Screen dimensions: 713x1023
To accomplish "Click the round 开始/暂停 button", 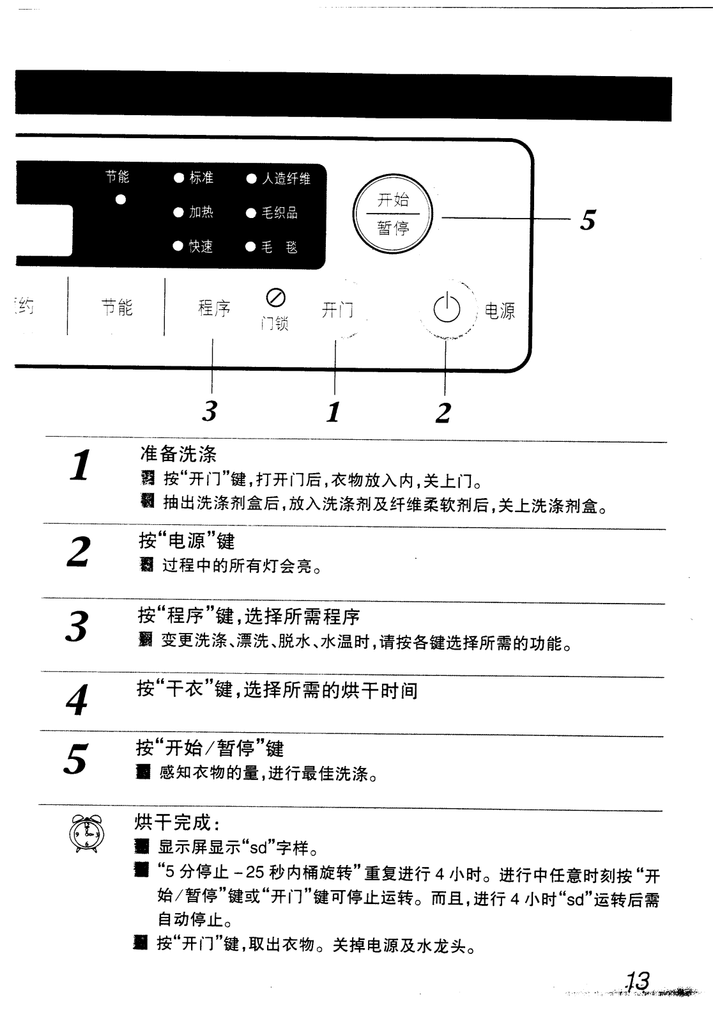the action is (392, 214).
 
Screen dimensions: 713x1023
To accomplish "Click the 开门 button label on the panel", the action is (337, 311).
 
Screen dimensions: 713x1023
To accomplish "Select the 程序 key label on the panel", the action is (214, 308).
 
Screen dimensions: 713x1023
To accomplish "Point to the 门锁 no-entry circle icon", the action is (275, 297).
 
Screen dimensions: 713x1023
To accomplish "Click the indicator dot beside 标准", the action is (179, 178).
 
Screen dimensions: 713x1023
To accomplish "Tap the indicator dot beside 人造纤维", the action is (252, 178).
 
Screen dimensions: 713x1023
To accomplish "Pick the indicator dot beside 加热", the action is (179, 213).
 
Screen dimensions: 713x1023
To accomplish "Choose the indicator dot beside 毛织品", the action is (252, 213).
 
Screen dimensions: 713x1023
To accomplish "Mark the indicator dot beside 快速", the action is (179, 247).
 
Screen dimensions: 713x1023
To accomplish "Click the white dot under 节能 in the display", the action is (120, 199).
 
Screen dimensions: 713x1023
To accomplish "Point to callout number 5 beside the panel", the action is (588, 220).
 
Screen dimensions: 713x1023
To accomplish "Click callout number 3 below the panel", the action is (210, 411).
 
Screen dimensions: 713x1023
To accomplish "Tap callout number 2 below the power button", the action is (443, 413).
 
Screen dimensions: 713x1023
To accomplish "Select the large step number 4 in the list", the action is (77, 700).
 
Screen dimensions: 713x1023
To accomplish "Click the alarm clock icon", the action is (87, 834).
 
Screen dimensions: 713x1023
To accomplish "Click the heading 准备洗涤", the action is (178, 454).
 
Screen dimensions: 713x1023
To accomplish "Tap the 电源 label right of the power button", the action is (500, 311).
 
